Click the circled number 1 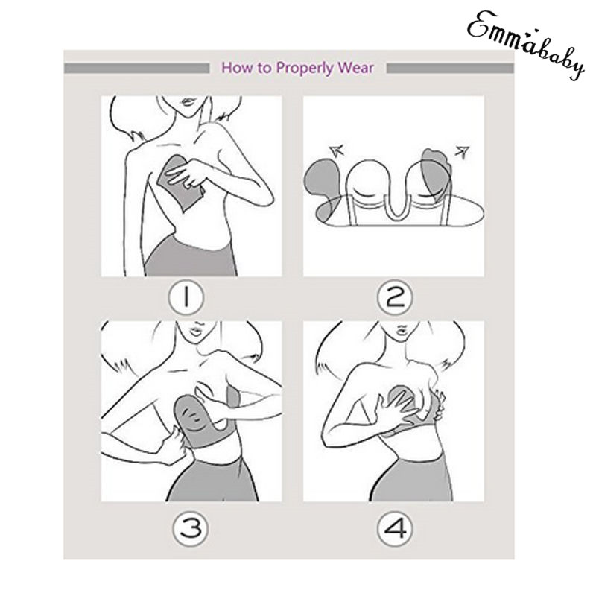click(186, 297)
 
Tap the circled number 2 click(395, 297)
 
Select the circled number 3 click(191, 529)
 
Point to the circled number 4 click(395, 529)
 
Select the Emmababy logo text click(525, 44)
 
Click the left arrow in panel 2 click(337, 150)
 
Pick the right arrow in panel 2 click(462, 152)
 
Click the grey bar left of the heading click(137, 69)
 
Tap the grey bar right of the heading click(450, 69)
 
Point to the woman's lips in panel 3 click(197, 330)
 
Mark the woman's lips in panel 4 click(402, 329)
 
